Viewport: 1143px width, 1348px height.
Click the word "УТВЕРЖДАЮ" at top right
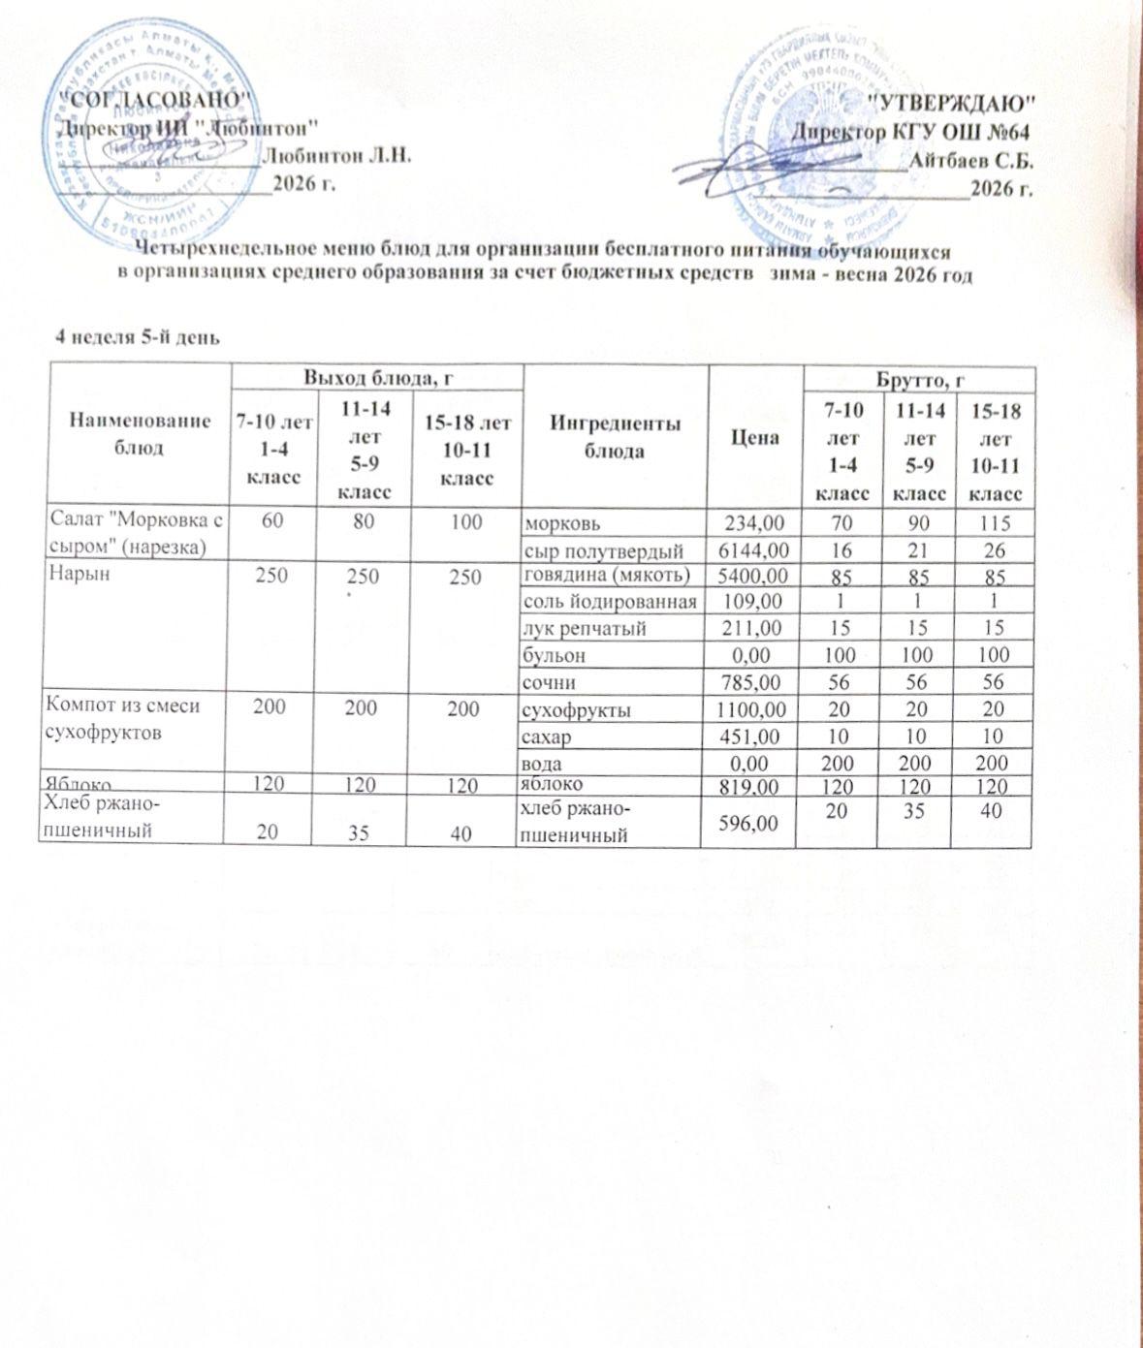pyautogui.click(x=950, y=102)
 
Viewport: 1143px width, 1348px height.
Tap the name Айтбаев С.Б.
pyautogui.click(x=971, y=159)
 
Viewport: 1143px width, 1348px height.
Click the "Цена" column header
pyautogui.click(x=756, y=437)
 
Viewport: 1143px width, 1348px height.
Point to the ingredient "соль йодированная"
pyautogui.click(x=610, y=602)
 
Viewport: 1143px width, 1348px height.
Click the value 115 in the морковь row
pyautogui.click(x=993, y=523)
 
